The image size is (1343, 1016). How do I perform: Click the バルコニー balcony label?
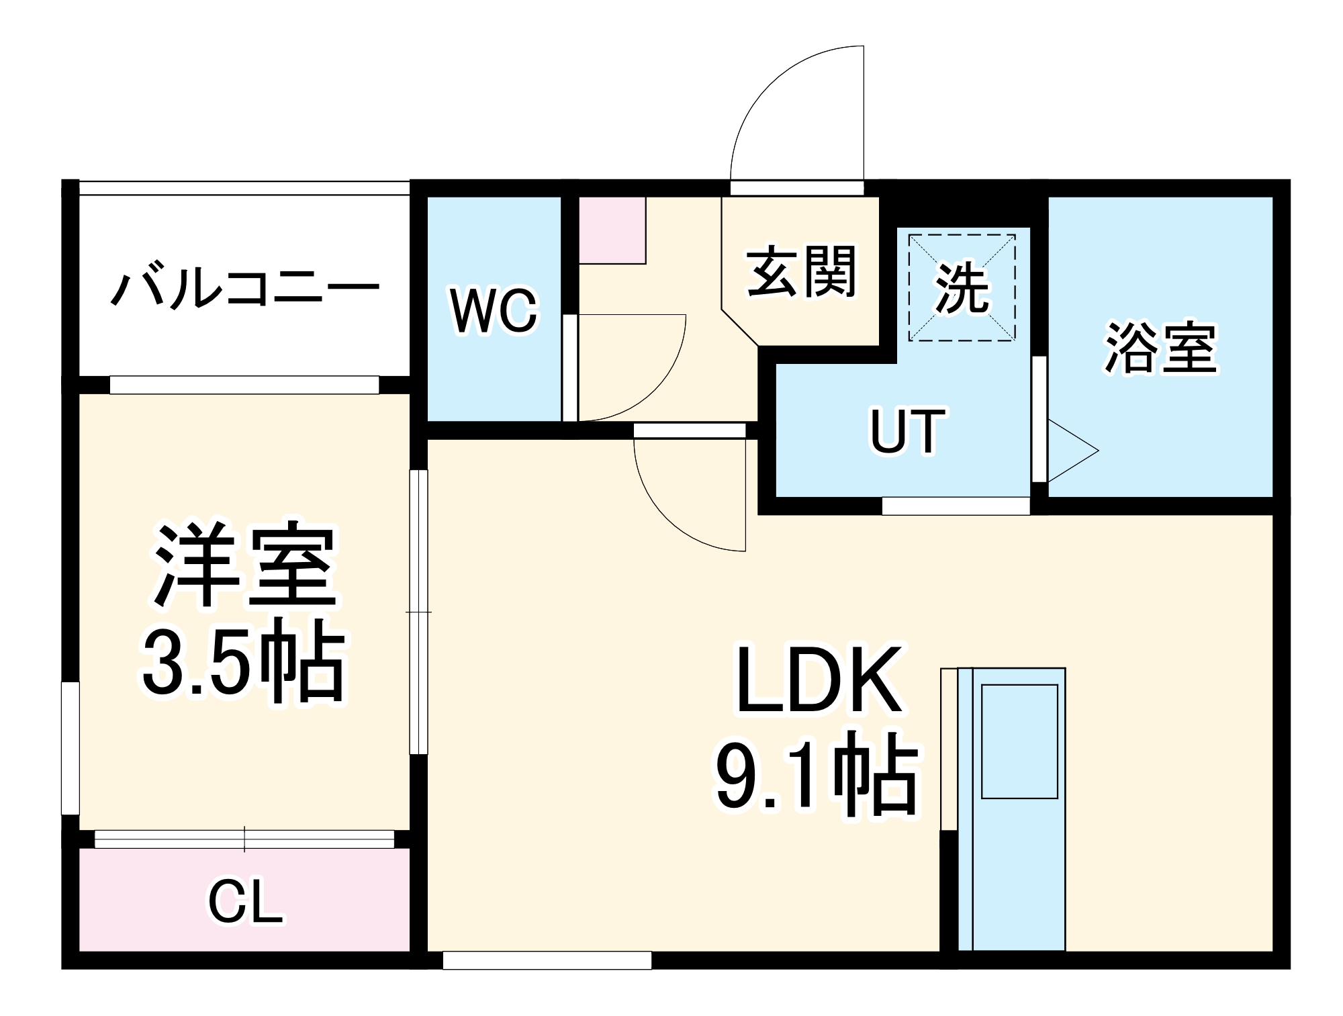245,289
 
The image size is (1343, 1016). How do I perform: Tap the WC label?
494,310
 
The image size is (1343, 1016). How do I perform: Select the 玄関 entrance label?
802,272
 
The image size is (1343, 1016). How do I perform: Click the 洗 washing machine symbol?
962,287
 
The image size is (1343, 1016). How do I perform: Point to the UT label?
908,431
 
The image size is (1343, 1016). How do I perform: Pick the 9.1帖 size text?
816,779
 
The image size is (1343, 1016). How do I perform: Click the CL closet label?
245,902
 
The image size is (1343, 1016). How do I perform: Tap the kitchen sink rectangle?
1019,741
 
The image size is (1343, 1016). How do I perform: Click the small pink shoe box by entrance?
612,230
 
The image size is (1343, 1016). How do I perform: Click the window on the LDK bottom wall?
547,960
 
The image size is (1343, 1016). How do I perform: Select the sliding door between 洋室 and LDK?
418,612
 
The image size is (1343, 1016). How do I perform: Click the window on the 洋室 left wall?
71,748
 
